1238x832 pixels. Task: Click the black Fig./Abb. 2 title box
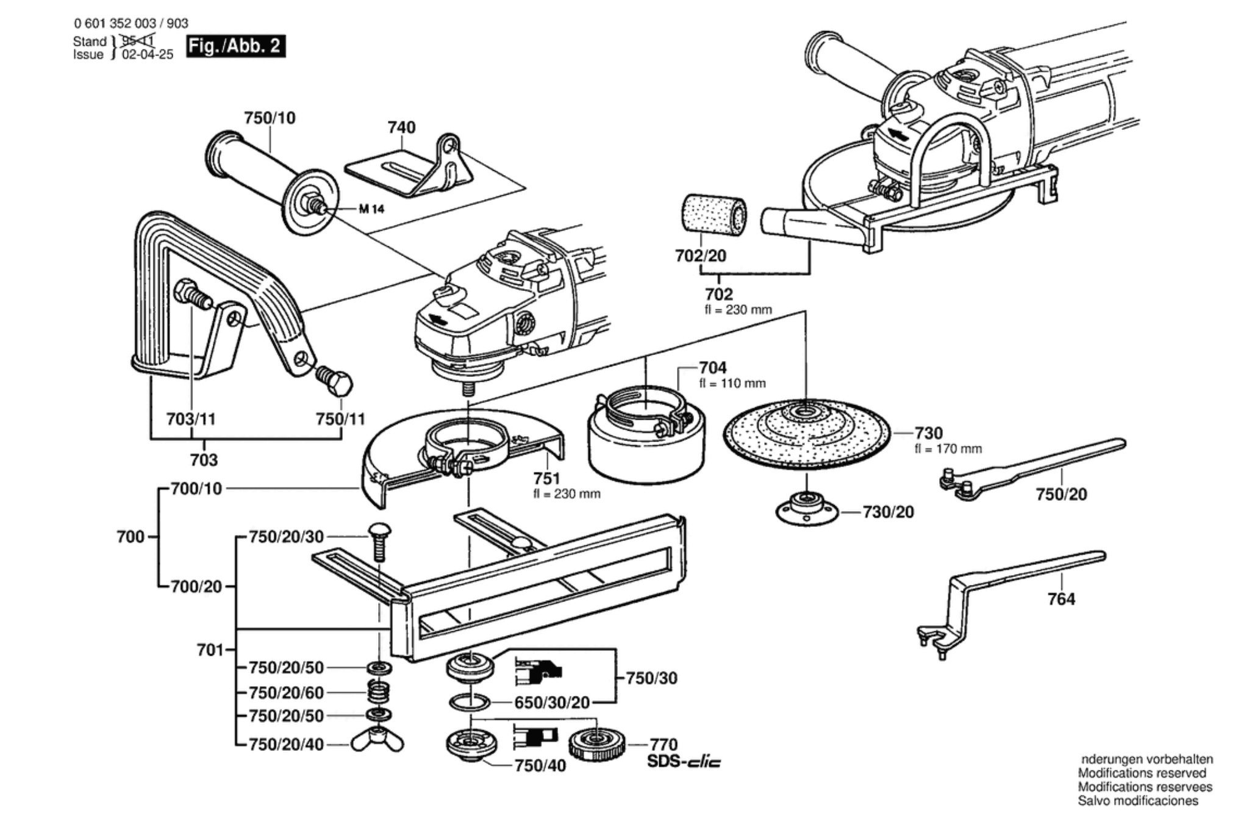click(235, 46)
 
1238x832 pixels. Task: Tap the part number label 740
click(401, 127)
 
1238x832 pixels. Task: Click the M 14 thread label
click(371, 209)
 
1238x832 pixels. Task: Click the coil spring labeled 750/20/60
click(379, 692)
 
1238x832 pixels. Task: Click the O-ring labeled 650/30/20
click(469, 703)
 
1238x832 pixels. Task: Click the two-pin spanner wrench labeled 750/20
click(1031, 466)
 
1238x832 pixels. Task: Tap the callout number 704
click(712, 368)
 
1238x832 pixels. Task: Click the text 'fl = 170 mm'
click(948, 449)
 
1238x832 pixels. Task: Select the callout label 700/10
click(196, 489)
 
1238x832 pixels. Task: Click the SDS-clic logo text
click(683, 762)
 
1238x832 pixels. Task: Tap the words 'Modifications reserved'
click(1142, 773)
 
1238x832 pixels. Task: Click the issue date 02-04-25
click(148, 54)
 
